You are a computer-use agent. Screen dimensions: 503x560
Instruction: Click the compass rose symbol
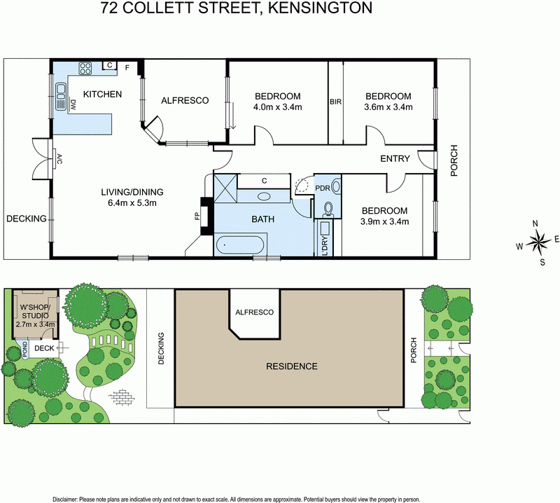click(x=539, y=243)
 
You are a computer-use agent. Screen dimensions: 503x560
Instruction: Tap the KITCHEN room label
click(x=103, y=95)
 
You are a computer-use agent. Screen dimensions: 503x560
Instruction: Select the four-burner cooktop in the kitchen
click(x=86, y=69)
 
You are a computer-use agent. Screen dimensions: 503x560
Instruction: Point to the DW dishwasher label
click(x=73, y=105)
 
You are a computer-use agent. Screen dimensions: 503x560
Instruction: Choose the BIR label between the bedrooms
click(x=335, y=102)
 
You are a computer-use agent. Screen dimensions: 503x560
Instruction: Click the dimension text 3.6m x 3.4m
click(x=388, y=108)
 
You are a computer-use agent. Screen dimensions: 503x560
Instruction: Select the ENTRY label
click(x=395, y=159)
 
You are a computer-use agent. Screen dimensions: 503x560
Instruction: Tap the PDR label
click(x=323, y=188)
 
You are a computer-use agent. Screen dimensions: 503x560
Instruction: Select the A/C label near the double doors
click(x=60, y=158)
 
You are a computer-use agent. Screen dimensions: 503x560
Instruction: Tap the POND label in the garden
click(x=25, y=348)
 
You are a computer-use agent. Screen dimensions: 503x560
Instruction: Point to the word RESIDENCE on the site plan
click(x=290, y=366)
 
